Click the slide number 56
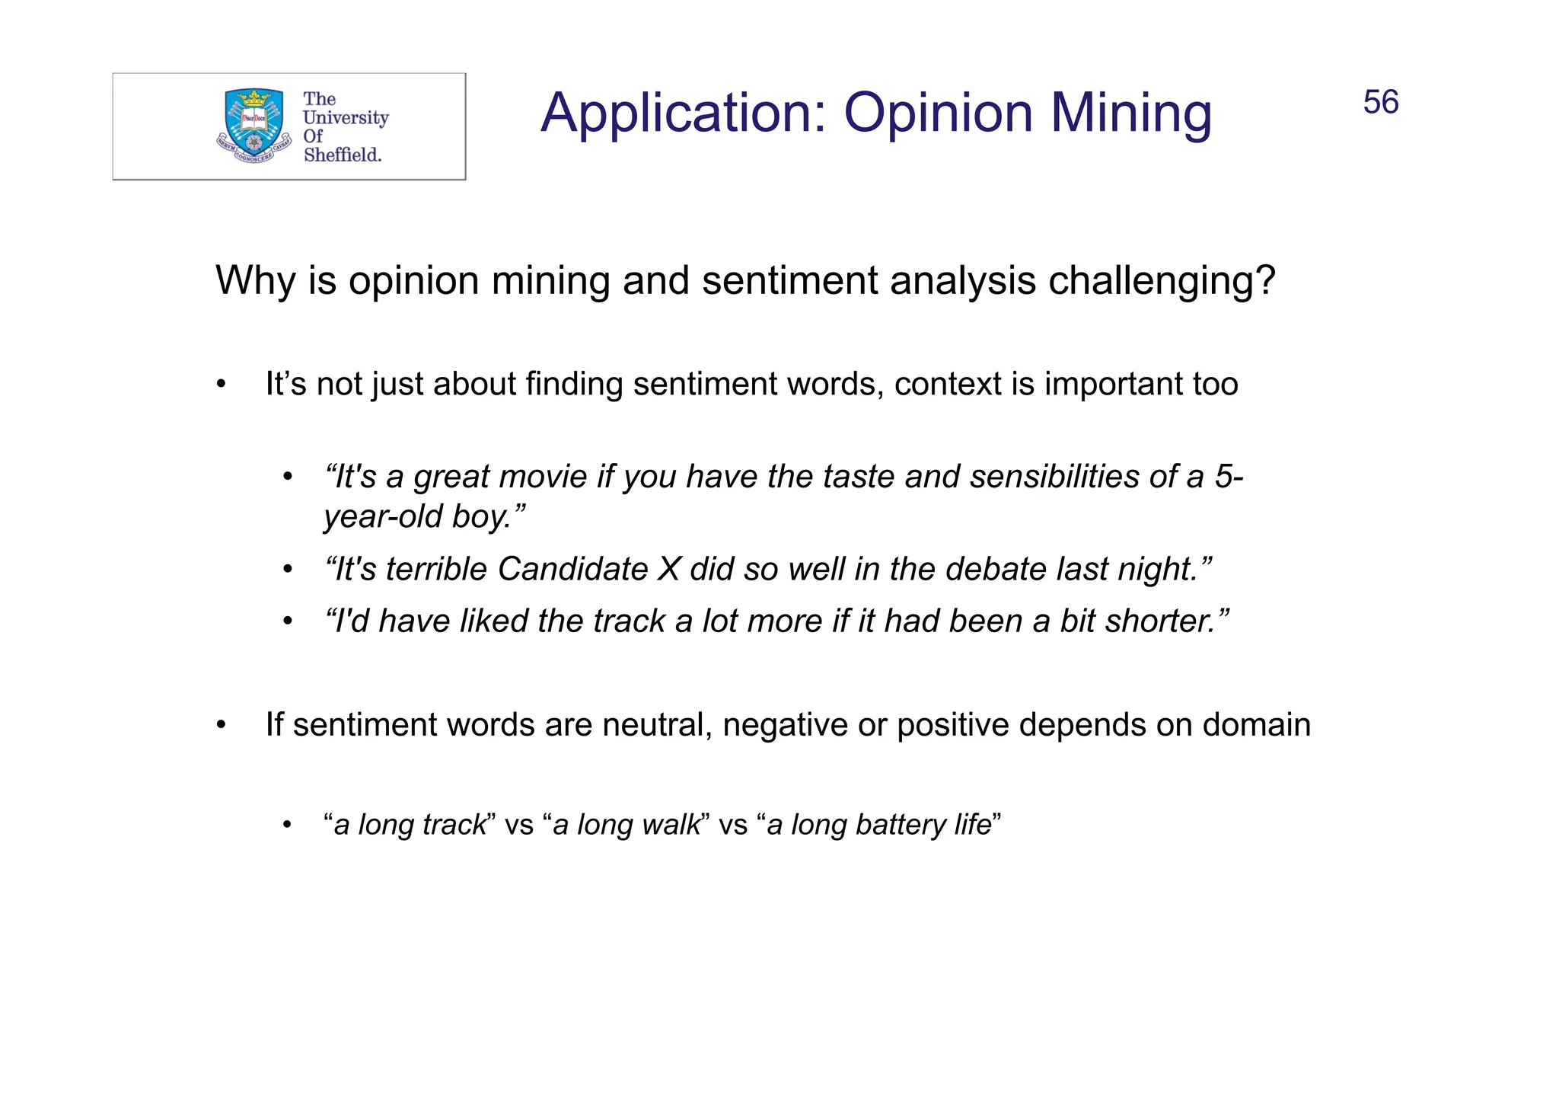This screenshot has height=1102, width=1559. (1380, 103)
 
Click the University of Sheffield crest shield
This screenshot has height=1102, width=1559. (254, 122)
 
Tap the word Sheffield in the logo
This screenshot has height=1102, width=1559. (342, 155)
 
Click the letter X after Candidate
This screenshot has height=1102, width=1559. (668, 569)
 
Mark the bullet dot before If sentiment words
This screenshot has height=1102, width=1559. (221, 725)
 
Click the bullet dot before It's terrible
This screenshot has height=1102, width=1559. (287, 570)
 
